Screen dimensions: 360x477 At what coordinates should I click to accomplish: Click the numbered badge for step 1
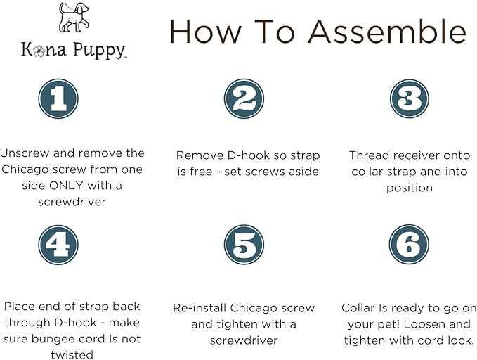(58, 98)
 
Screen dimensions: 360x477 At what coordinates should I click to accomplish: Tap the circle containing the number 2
(244, 98)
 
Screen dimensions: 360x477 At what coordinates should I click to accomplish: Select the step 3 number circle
(409, 98)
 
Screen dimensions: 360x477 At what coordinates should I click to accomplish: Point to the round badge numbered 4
(58, 245)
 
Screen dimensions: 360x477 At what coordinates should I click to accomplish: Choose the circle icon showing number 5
(244, 245)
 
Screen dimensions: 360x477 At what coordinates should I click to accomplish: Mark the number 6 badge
(409, 245)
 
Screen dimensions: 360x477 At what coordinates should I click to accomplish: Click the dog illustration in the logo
(74, 19)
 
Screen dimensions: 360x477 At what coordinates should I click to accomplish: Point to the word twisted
(72, 355)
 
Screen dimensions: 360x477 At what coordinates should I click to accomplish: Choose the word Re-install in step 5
(202, 308)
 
